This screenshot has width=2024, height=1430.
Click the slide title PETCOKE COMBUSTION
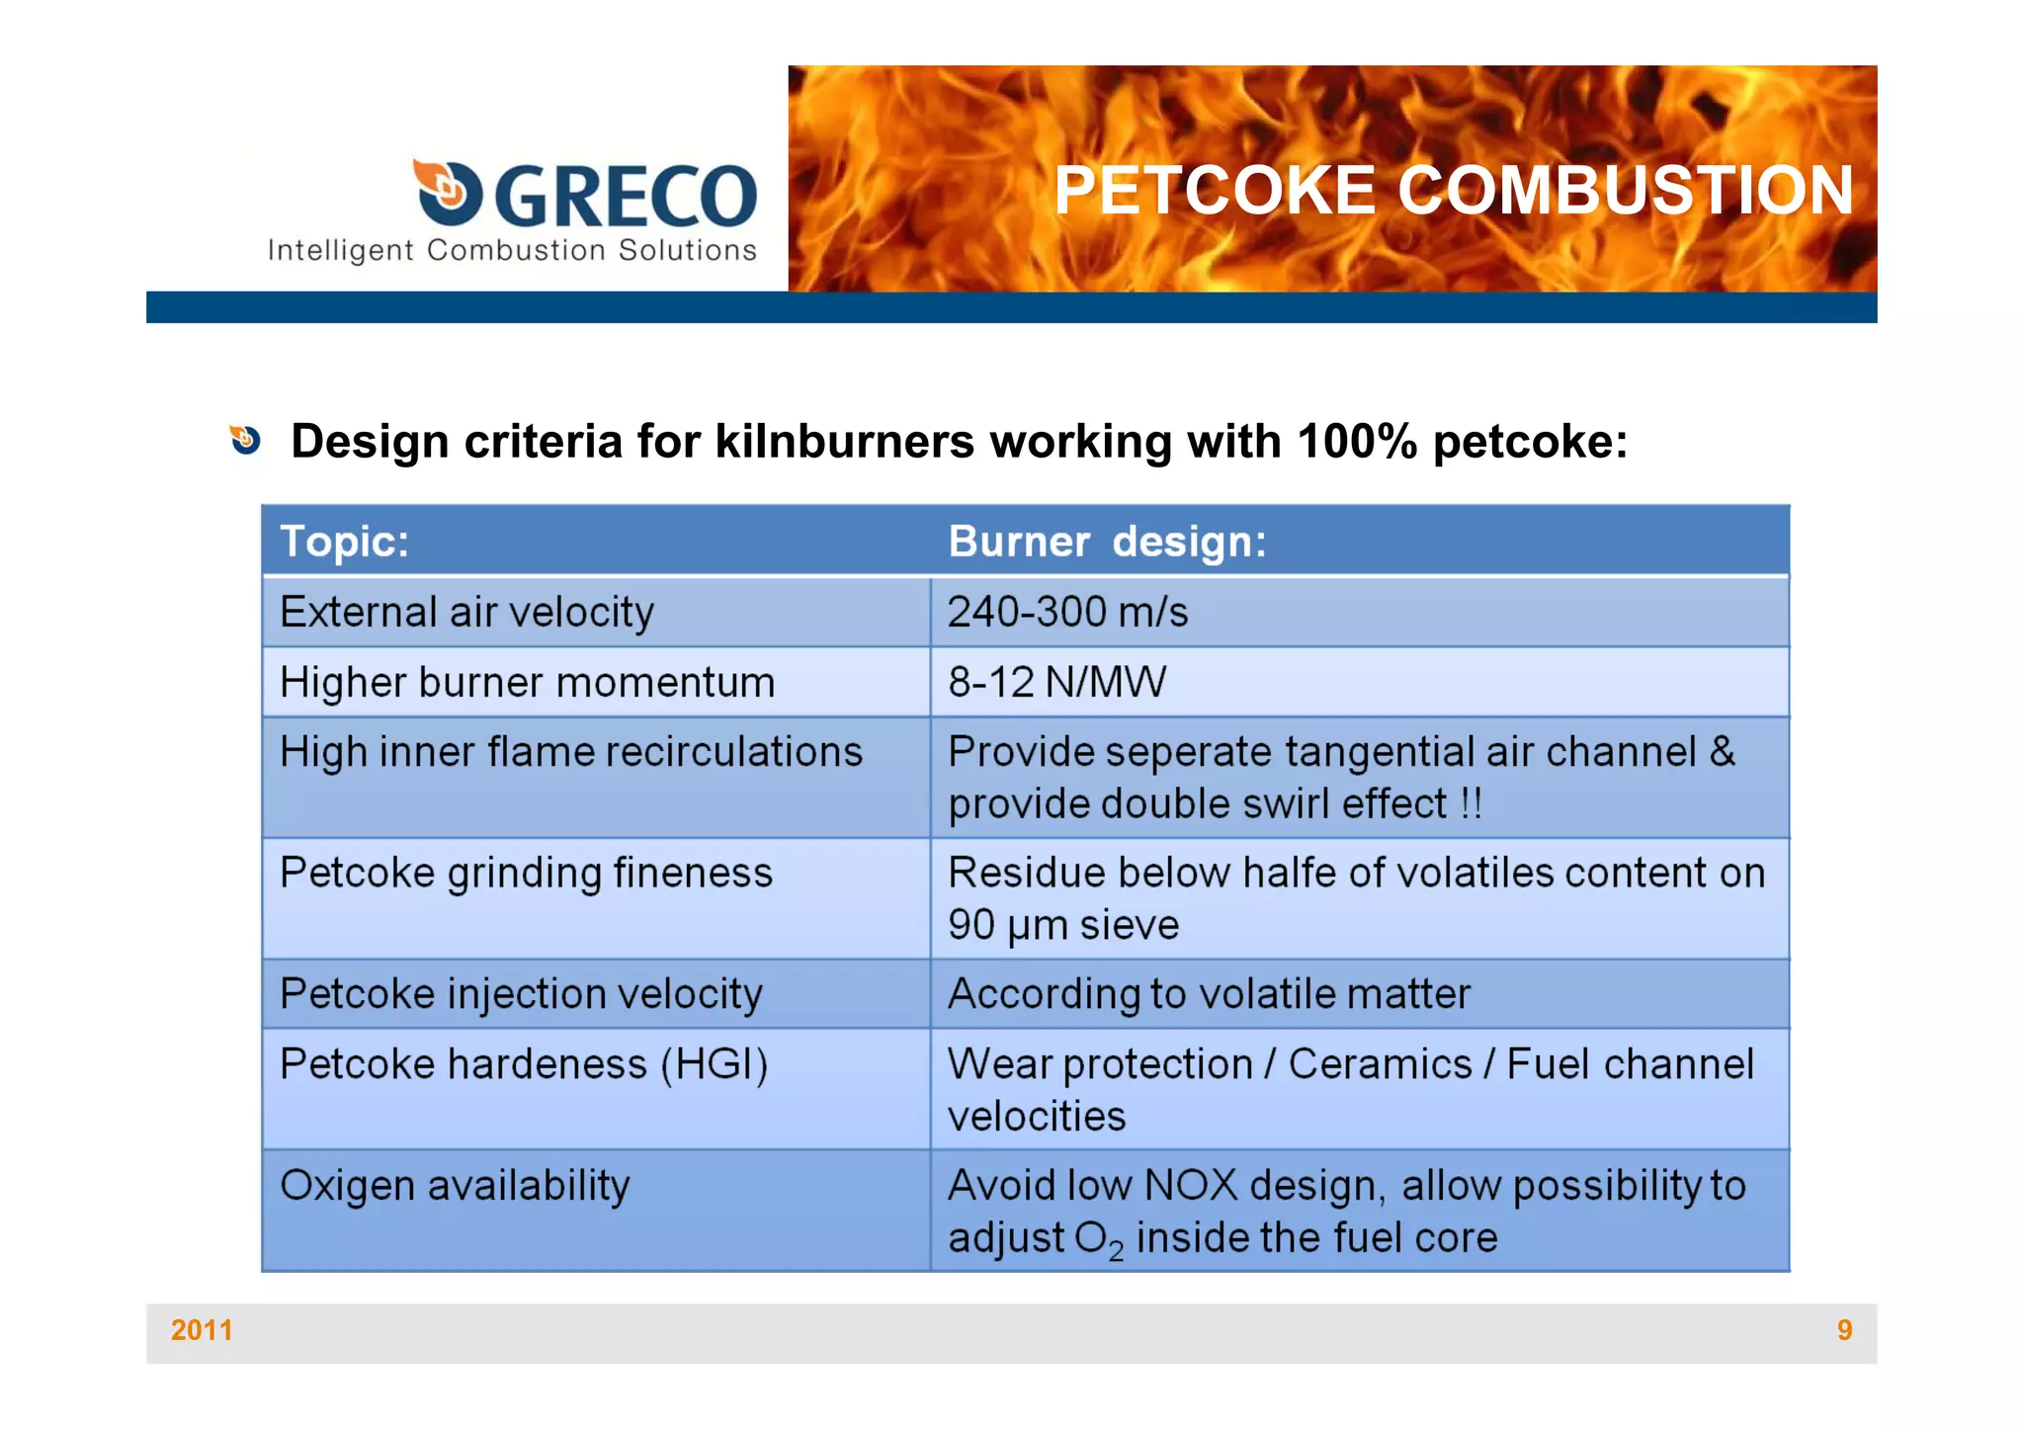1453,190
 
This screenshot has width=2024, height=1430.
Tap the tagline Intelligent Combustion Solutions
512,251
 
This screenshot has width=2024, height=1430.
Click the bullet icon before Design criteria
245,440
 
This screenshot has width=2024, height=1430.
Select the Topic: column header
345,542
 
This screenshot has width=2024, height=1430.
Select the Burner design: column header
1107,542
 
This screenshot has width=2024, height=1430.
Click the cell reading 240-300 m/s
1067,612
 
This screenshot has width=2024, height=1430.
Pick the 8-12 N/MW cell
1056,682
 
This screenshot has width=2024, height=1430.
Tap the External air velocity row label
466,612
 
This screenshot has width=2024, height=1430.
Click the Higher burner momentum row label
527,682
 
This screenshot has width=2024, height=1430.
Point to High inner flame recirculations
571,752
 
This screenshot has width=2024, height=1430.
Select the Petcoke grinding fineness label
526,874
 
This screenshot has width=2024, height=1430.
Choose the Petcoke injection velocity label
521,994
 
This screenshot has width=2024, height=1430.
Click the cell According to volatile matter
1209,994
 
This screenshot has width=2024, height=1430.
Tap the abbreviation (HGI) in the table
714,1064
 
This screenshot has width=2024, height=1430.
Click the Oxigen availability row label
455,1185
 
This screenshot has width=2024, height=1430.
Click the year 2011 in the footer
202,1330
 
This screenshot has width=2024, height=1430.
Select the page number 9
1844,1330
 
